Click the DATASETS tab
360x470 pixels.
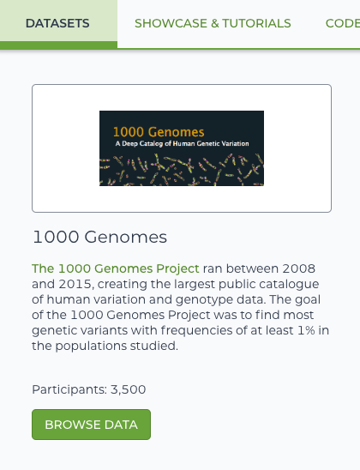pos(57,23)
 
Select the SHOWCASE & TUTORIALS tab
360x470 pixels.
pos(213,23)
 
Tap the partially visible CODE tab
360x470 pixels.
pos(343,23)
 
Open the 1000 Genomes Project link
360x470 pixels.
pos(116,268)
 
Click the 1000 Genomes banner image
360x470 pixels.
pos(182,148)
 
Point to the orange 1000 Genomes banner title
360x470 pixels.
pos(159,132)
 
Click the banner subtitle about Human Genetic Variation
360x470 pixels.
pos(182,143)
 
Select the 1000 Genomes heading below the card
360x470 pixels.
pos(99,237)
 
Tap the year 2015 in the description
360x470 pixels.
pos(75,284)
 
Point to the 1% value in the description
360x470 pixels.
pos(306,330)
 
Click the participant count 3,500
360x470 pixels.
pos(129,389)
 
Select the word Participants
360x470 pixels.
pos(69,389)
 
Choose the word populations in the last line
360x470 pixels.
pos(91,346)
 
